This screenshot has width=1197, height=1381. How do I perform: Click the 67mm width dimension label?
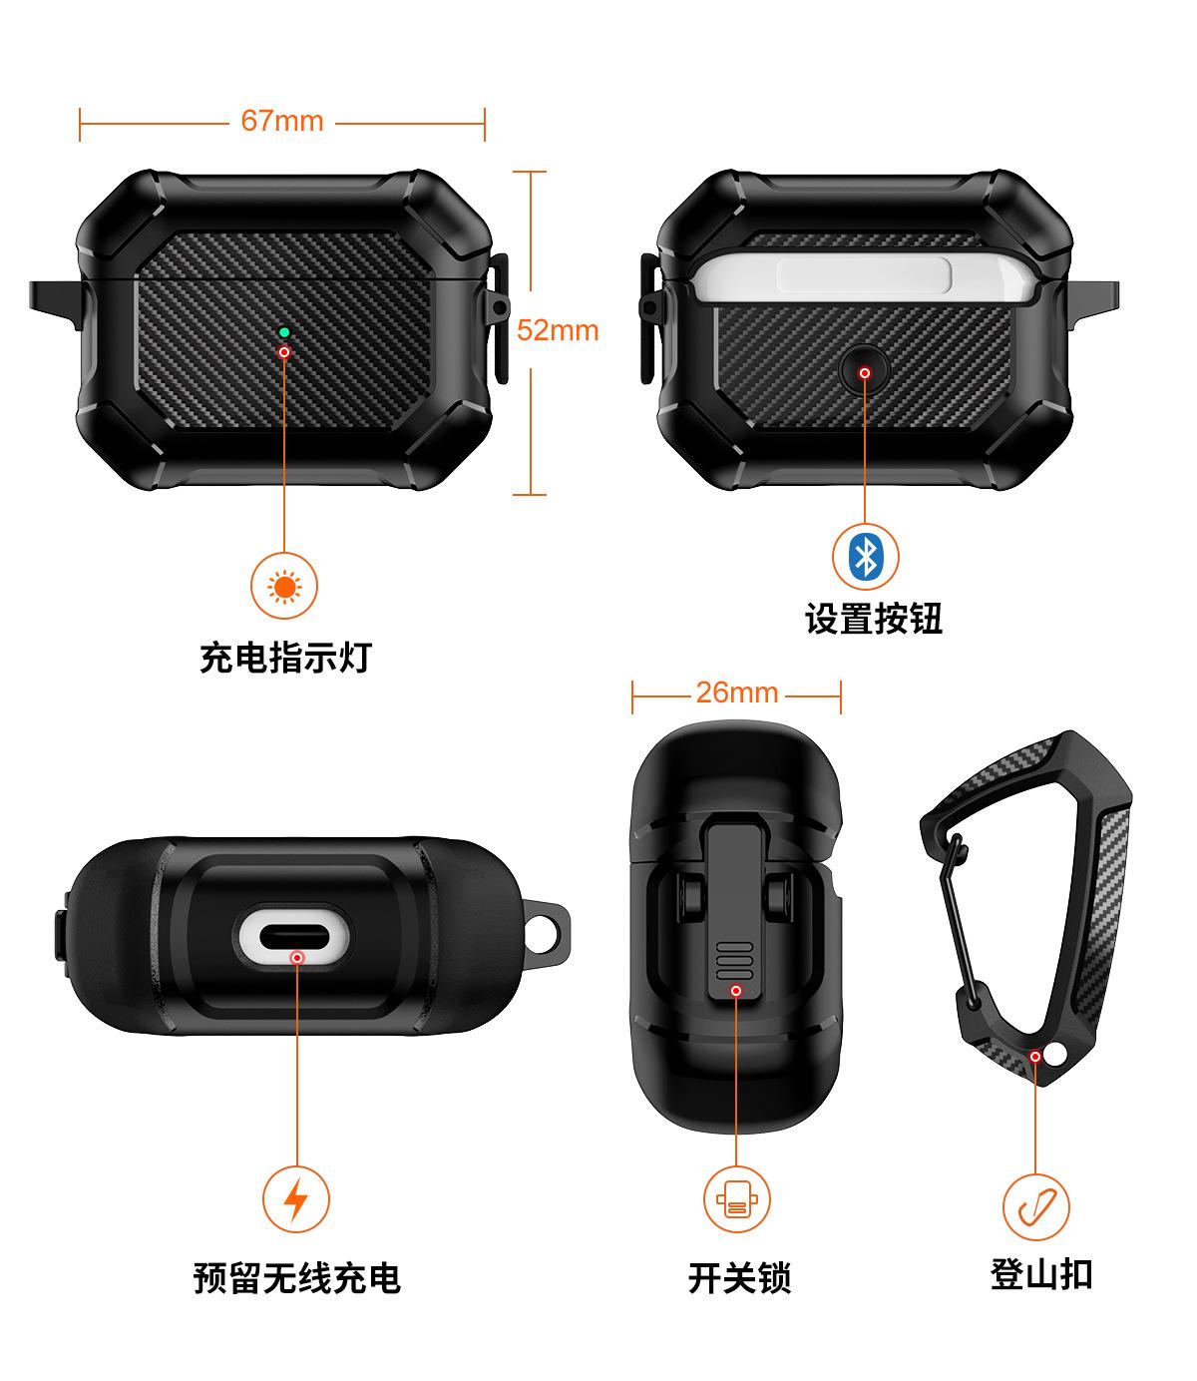(282, 121)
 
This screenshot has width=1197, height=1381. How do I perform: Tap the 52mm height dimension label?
(558, 330)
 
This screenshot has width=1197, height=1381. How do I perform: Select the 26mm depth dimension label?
(736, 692)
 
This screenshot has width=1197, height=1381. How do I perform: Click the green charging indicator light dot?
(284, 331)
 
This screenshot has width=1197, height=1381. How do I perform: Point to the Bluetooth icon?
(865, 556)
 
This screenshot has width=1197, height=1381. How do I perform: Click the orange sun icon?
(284, 587)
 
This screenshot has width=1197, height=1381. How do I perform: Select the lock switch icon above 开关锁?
(736, 1198)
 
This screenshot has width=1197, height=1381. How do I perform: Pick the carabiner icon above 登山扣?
(1035, 1205)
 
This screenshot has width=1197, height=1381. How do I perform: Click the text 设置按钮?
(874, 619)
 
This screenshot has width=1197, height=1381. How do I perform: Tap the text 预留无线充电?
(296, 1278)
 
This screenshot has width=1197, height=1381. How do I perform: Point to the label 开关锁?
(738, 1278)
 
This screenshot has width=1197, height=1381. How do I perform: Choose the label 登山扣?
(1040, 1274)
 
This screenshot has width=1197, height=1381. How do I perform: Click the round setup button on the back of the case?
(865, 372)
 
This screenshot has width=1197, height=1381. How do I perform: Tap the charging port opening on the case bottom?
(295, 938)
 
